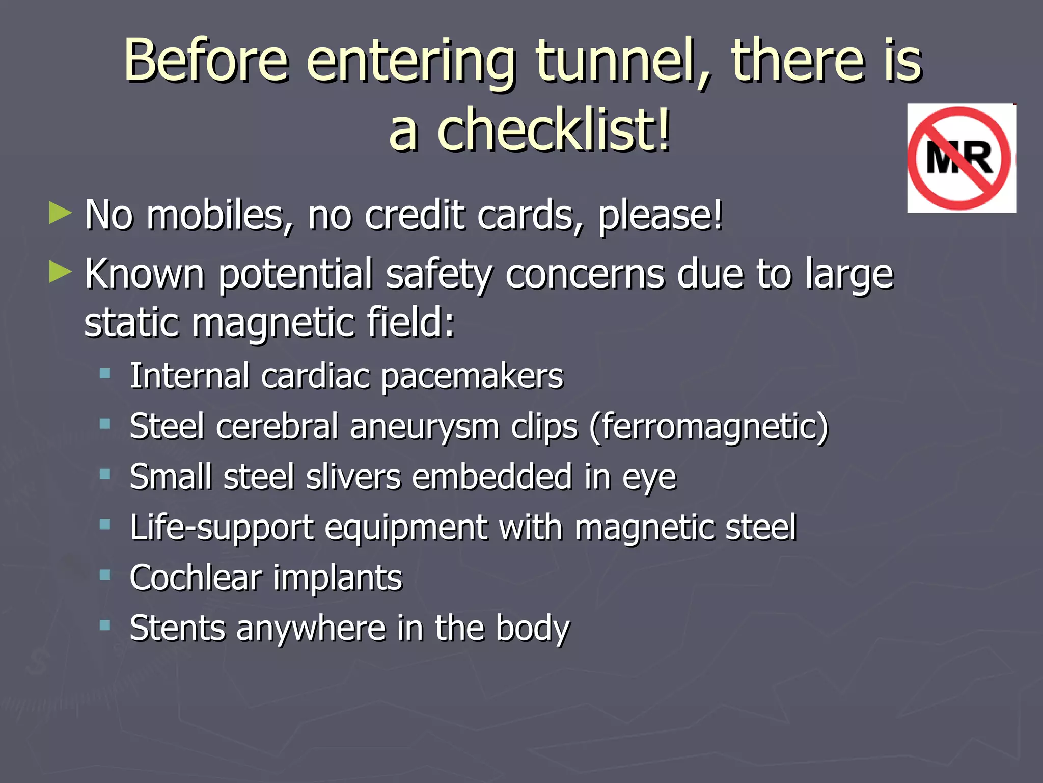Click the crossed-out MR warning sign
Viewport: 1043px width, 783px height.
click(961, 158)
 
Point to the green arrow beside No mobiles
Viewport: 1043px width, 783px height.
click(61, 213)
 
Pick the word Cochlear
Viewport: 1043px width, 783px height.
click(196, 578)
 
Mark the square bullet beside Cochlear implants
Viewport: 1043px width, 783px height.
click(105, 576)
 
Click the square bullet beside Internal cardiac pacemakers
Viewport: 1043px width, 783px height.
click(105, 374)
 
